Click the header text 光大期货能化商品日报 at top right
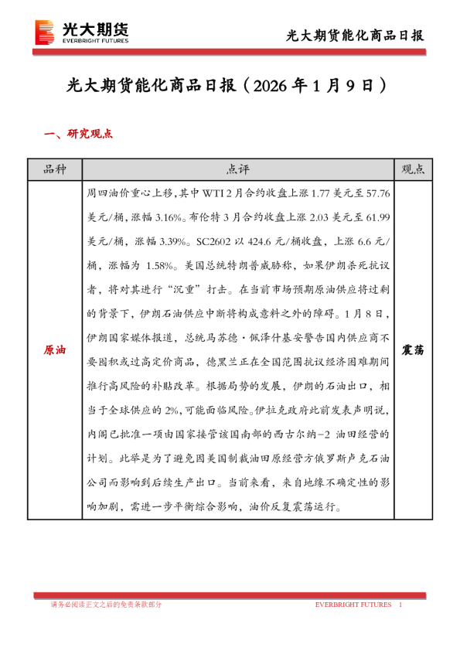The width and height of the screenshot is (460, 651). [x=355, y=36]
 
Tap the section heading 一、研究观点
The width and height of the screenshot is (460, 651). [x=80, y=133]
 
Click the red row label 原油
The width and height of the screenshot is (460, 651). [x=54, y=350]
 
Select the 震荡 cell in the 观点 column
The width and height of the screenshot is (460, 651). [x=414, y=350]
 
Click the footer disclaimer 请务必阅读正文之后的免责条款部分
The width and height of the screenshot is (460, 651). [x=106, y=605]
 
